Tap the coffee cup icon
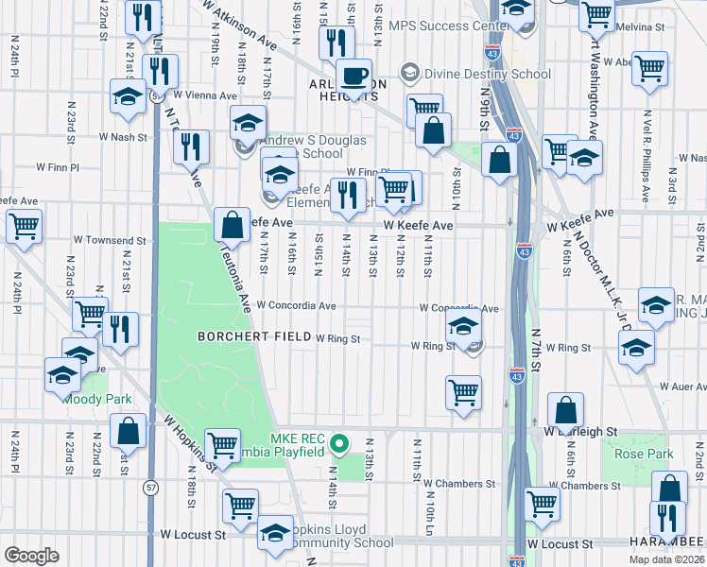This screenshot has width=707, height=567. [354, 76]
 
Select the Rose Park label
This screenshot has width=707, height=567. [644, 455]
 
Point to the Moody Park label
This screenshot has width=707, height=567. [97, 399]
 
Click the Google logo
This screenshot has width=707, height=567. [31, 556]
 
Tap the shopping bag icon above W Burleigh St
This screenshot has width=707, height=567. [565, 411]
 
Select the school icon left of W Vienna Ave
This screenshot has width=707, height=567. [129, 97]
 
